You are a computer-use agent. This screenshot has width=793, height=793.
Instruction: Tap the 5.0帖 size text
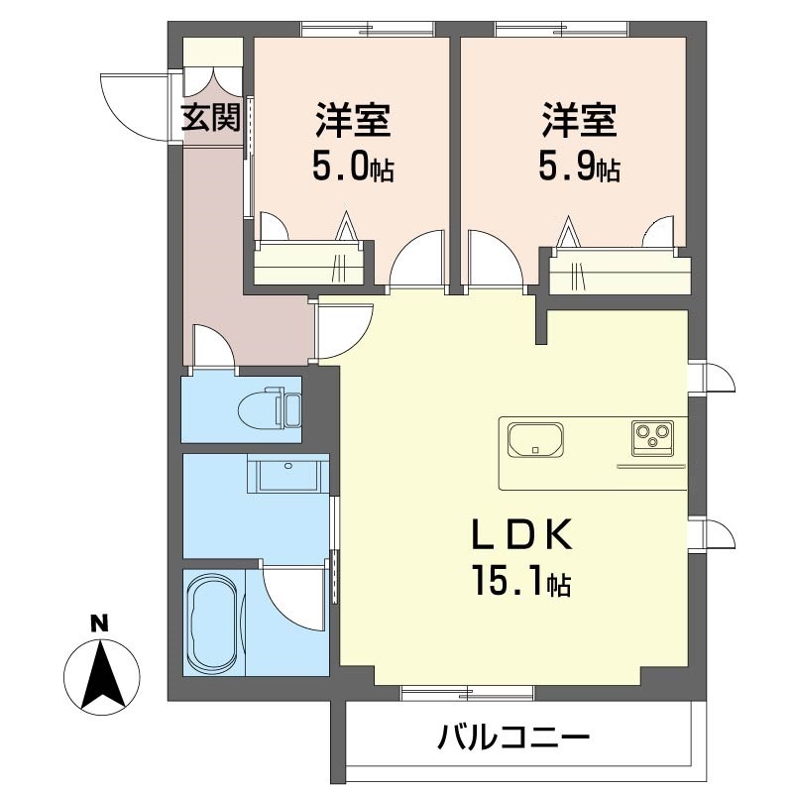(x=354, y=169)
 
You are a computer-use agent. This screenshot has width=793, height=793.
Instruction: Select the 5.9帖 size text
(x=579, y=169)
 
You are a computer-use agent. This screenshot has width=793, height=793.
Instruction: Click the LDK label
(x=522, y=535)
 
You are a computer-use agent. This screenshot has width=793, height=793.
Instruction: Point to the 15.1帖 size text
(x=521, y=583)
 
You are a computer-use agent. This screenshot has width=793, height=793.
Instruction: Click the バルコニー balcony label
(x=513, y=736)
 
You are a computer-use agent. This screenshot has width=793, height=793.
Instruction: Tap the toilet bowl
(x=269, y=408)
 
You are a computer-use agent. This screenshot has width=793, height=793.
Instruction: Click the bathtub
(x=213, y=623)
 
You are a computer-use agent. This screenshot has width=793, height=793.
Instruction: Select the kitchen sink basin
(x=535, y=438)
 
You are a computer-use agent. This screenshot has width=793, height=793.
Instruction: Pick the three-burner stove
(x=652, y=438)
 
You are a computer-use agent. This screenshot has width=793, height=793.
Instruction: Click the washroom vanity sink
(x=288, y=473)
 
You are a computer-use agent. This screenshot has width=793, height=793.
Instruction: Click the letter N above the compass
(x=100, y=623)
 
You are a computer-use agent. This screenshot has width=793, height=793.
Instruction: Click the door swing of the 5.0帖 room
(x=417, y=262)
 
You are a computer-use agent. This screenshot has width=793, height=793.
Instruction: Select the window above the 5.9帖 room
(x=561, y=29)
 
